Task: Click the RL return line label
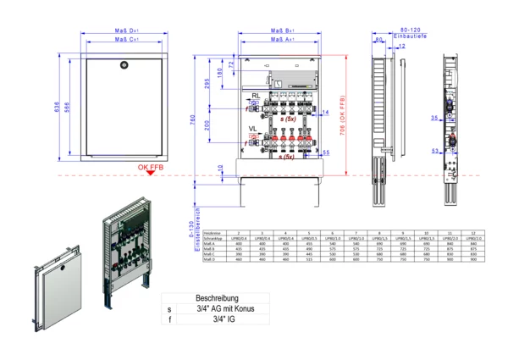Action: click(255, 97)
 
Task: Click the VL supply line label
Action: click(253, 129)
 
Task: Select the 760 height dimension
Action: click(194, 122)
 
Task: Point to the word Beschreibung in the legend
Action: click(217, 299)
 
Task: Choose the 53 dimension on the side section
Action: click(433, 151)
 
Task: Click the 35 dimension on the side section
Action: click(433, 119)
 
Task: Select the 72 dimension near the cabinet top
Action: click(230, 64)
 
